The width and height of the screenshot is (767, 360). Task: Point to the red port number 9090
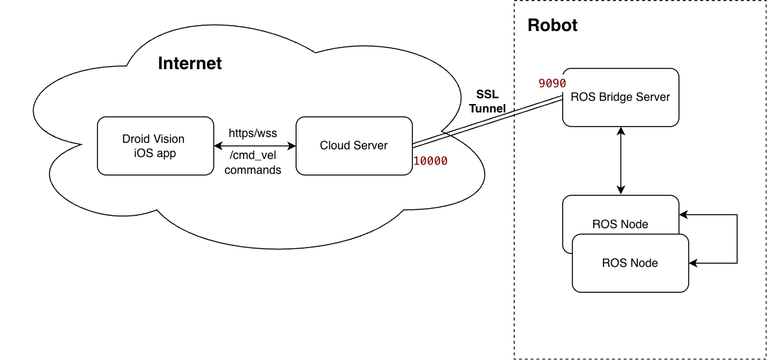pyautogui.click(x=552, y=83)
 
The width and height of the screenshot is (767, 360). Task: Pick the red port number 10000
pyautogui.click(x=430, y=162)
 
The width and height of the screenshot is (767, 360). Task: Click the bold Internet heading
pyautogui.click(x=190, y=63)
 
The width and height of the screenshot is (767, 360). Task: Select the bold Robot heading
pyautogui.click(x=552, y=26)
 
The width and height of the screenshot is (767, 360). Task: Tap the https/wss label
pyautogui.click(x=253, y=133)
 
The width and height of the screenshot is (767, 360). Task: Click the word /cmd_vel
pyautogui.click(x=253, y=156)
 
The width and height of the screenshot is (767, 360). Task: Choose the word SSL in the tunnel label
pyautogui.click(x=488, y=94)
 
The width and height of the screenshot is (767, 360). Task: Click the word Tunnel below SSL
pyautogui.click(x=487, y=109)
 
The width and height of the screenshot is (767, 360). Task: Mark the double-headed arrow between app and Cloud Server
pyautogui.click(x=255, y=146)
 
